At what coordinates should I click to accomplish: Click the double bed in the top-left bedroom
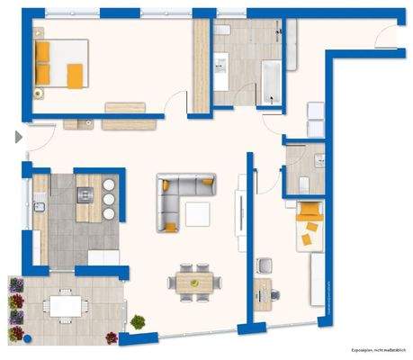point(59,64)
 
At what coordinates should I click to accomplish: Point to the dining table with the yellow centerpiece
point(194,282)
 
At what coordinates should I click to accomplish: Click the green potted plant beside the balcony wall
point(138,321)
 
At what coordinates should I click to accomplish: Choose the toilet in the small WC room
point(304,183)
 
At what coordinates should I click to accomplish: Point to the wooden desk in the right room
point(262,292)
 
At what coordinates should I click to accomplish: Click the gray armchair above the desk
point(264,266)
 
